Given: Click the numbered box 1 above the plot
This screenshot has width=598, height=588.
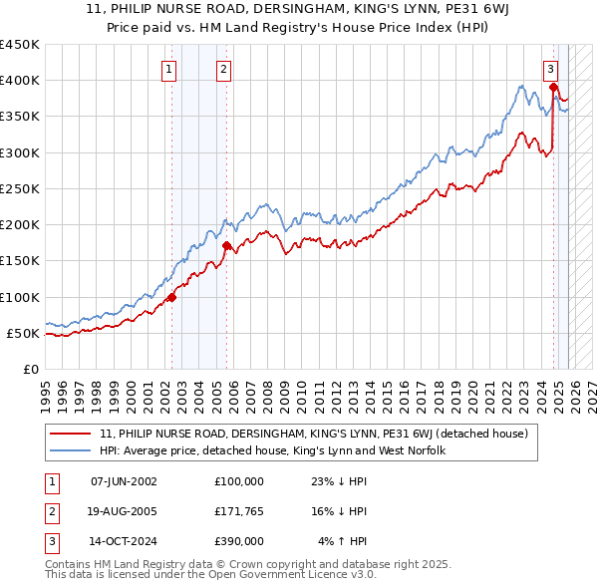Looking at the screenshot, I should (x=169, y=69).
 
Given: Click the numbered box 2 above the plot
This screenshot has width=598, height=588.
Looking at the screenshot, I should (x=223, y=69).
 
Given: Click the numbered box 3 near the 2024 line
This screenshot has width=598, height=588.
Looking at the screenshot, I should (x=550, y=69).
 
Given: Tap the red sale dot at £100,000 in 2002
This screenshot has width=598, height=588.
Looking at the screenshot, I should (x=171, y=296).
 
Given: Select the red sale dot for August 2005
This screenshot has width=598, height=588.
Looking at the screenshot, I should (x=226, y=244).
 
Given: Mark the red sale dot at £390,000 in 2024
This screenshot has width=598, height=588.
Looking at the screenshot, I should (x=553, y=88).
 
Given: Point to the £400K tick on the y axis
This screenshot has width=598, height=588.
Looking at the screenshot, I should (x=20, y=81).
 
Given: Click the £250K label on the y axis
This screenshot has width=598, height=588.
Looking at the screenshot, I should (x=20, y=188).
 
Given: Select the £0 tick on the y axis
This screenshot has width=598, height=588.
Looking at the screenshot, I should (x=30, y=369).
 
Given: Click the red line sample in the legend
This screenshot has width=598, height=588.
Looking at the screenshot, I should (x=70, y=434).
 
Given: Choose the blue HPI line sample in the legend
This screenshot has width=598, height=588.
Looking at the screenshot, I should (x=70, y=450).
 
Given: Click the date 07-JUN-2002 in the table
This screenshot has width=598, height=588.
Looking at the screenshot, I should (x=124, y=481).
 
